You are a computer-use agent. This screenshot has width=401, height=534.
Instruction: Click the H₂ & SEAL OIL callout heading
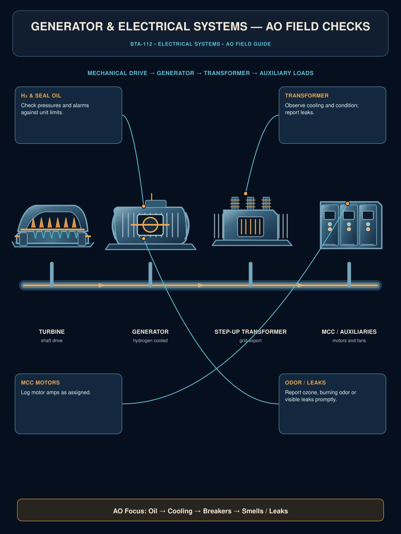41,95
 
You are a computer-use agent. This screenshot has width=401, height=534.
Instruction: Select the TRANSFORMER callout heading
307,95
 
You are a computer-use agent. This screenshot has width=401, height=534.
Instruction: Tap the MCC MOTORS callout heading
40,382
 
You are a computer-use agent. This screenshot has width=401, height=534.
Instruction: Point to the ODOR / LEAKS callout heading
305,382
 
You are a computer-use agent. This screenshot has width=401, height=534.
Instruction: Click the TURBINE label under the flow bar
51,332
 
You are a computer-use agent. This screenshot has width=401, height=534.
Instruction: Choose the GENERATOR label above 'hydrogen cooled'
150,332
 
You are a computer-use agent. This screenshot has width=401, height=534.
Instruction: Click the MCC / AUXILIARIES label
349,332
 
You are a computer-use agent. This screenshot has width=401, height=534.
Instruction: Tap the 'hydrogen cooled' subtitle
150,341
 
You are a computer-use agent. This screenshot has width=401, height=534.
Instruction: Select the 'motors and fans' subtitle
349,341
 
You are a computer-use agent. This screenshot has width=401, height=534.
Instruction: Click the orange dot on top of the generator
144,206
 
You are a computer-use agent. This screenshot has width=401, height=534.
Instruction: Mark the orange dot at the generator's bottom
144,239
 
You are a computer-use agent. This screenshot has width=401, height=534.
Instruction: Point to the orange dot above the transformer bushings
246,194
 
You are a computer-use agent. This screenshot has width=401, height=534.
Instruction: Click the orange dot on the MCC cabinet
348,204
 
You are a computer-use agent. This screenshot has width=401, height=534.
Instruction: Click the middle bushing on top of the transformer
251,203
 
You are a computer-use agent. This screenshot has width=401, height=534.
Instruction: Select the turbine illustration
53,226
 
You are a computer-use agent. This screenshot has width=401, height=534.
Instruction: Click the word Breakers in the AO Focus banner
217,511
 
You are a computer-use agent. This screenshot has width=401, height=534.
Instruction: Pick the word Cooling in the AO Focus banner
180,511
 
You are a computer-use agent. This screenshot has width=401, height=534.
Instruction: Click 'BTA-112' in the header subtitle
141,44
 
